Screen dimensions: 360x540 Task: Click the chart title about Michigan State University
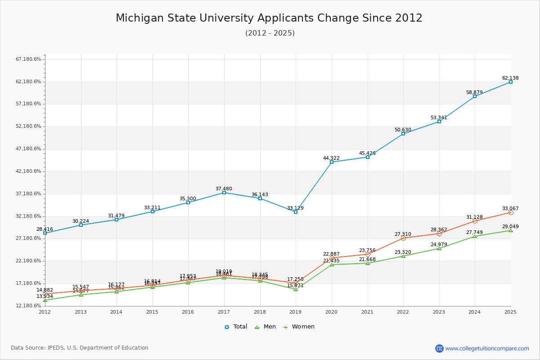click(x=269, y=18)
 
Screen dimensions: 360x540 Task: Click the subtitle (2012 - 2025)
click(x=270, y=33)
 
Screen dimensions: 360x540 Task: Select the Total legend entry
click(x=236, y=327)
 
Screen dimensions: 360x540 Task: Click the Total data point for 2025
click(x=511, y=82)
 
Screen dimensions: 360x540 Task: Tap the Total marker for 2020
click(x=332, y=162)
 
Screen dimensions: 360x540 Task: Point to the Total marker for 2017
click(x=224, y=193)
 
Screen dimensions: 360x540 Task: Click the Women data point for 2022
click(x=403, y=238)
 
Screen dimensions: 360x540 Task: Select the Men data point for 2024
click(x=475, y=236)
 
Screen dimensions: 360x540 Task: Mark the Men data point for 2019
click(x=296, y=289)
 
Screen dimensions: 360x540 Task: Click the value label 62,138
click(x=510, y=78)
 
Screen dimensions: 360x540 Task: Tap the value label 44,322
click(x=331, y=158)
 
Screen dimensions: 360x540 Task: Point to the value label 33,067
click(x=510, y=208)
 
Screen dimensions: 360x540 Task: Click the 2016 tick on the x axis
click(x=188, y=312)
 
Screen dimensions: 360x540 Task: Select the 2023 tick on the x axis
click(x=439, y=312)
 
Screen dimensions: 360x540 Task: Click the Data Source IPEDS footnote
click(x=80, y=348)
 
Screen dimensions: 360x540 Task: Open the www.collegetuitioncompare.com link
click(x=487, y=348)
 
